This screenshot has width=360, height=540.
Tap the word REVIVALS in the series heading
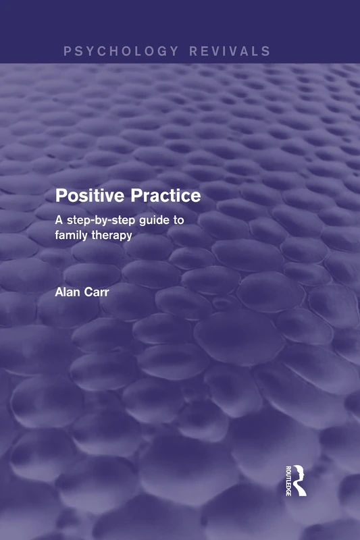[230, 51]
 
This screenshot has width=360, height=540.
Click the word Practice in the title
[168, 196]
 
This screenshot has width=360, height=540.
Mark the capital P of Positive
[61, 196]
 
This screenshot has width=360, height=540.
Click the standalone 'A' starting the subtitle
[59, 219]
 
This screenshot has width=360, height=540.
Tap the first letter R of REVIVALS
[193, 51]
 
